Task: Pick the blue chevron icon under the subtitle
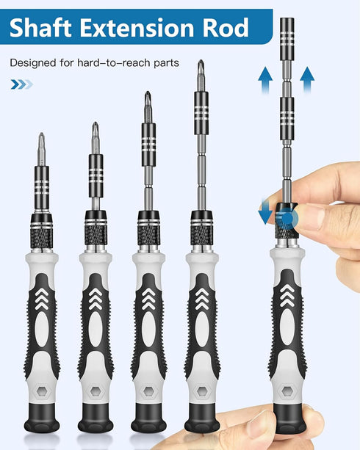tap(21, 84)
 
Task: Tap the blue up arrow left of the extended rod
tap(264, 76)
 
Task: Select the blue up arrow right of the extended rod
tap(307, 76)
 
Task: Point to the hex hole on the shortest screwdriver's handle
tap(42, 391)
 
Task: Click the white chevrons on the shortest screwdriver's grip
tap(42, 297)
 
